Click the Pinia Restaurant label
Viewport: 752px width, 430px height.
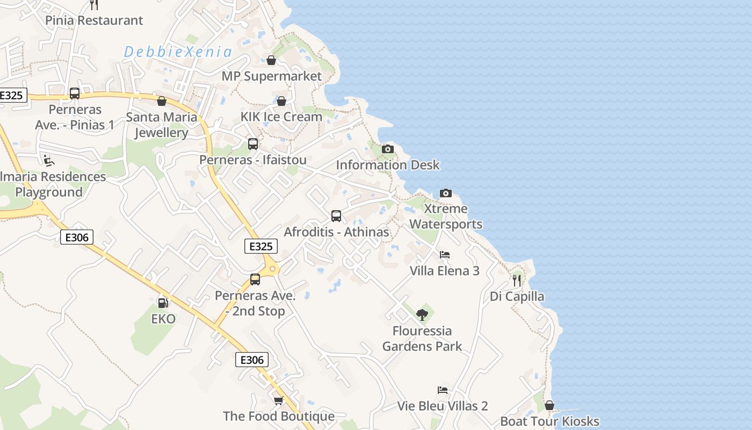click(x=94, y=20)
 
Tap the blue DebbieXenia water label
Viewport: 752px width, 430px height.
click(x=178, y=52)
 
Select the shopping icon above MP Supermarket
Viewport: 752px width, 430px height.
click(x=271, y=60)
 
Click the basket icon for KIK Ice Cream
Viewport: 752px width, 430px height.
click(x=281, y=101)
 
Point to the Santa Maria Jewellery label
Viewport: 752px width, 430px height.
click(x=161, y=125)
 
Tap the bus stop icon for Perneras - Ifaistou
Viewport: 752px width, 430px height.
click(x=253, y=144)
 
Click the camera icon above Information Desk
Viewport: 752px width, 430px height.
click(x=387, y=149)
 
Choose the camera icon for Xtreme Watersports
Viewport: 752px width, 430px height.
click(x=445, y=193)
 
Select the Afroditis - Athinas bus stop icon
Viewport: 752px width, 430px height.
click(x=336, y=216)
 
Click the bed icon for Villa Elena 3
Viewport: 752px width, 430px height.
click(x=444, y=255)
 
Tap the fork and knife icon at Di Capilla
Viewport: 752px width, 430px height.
click(x=517, y=280)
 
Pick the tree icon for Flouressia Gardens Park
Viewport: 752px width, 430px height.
click(x=422, y=314)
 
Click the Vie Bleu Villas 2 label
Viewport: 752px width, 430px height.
click(x=443, y=406)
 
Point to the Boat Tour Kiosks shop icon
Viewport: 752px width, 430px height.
click(x=549, y=405)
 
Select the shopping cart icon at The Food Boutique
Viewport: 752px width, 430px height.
click(x=278, y=400)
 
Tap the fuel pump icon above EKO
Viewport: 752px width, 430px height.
click(x=163, y=303)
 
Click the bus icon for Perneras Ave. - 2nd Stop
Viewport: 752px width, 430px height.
click(x=255, y=279)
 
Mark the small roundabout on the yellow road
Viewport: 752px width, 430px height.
click(x=272, y=268)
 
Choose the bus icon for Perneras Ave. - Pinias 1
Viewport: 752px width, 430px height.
click(x=75, y=94)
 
